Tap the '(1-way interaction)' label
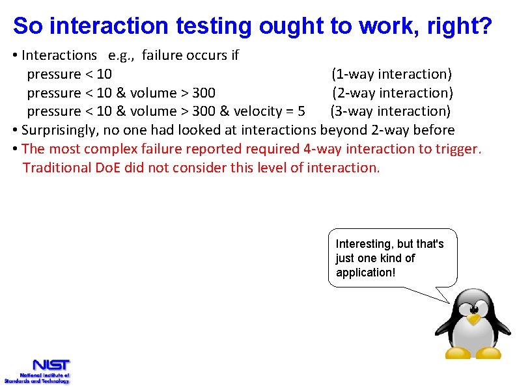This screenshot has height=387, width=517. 391,74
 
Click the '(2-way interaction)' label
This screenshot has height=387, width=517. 393,93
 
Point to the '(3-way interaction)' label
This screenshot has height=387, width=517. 391,111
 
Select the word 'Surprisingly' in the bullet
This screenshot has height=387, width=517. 58,130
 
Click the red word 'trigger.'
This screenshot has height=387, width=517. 458,149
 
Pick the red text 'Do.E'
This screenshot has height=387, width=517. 109,168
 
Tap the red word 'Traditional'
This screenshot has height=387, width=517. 55,168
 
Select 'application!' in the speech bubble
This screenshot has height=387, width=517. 365,273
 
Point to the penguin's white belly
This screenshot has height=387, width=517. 473,338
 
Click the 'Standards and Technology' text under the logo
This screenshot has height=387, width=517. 36,381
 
